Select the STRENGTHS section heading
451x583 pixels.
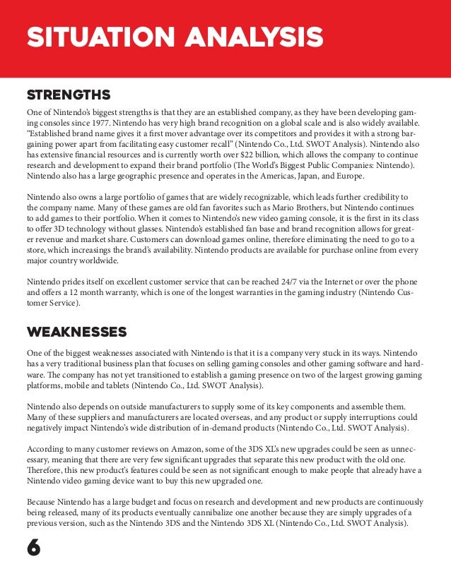coord(68,94)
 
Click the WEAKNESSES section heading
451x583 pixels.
coord(76,332)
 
